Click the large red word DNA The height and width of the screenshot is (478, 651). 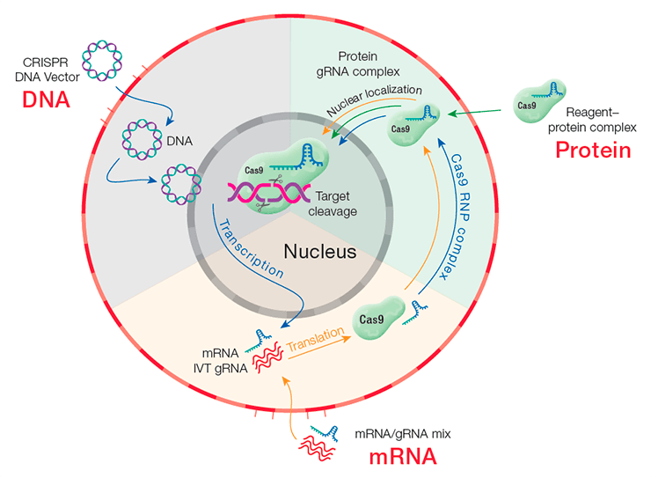coord(46,100)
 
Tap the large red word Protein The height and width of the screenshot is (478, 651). coord(593,151)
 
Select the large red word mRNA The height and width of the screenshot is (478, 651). coord(403,456)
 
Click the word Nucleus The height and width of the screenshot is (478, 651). coord(320,252)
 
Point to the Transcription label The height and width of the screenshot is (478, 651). coord(252,249)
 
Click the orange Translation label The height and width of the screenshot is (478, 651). coord(316,339)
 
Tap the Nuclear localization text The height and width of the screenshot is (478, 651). coord(374,100)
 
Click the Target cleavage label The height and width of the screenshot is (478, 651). coord(333,203)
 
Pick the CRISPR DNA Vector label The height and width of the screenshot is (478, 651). coord(47,70)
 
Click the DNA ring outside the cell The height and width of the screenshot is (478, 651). coord(102,61)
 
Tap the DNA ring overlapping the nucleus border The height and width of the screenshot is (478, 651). coord(181,184)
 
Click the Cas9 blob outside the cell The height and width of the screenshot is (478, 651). coord(539,102)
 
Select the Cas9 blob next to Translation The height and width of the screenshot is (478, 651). coord(377,318)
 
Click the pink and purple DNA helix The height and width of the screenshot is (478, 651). coord(268,193)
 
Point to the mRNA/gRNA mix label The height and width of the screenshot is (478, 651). coord(402,434)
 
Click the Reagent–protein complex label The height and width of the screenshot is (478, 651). coord(592,120)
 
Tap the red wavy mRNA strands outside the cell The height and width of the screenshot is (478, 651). coord(317,448)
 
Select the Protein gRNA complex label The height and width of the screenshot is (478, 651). coord(358,64)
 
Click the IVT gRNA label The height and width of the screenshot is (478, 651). coord(221,368)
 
